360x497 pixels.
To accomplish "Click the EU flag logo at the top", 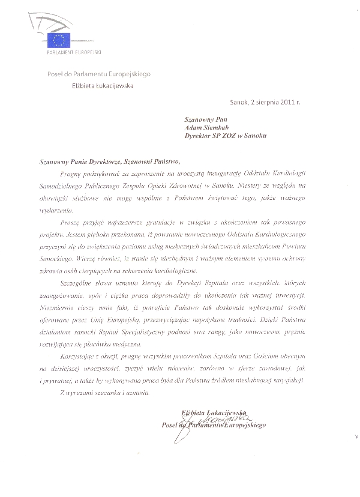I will (x=61, y=41).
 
